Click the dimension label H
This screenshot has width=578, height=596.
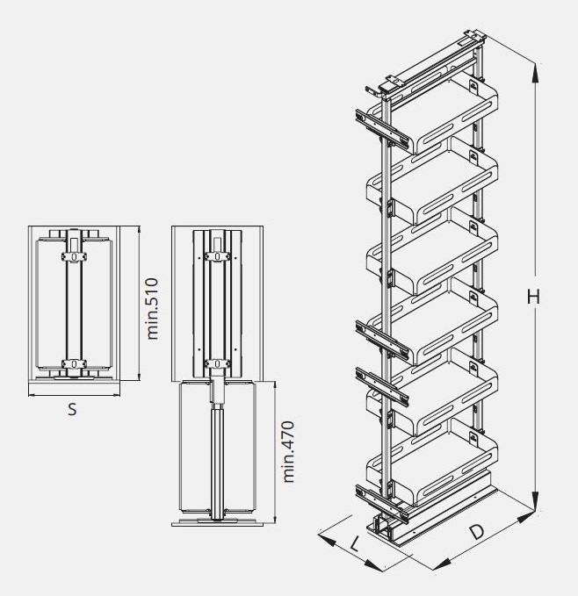pyautogui.click(x=532, y=298)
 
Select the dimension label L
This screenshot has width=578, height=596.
pyautogui.click(x=354, y=544)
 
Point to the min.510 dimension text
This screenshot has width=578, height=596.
pyautogui.click(x=152, y=308)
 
